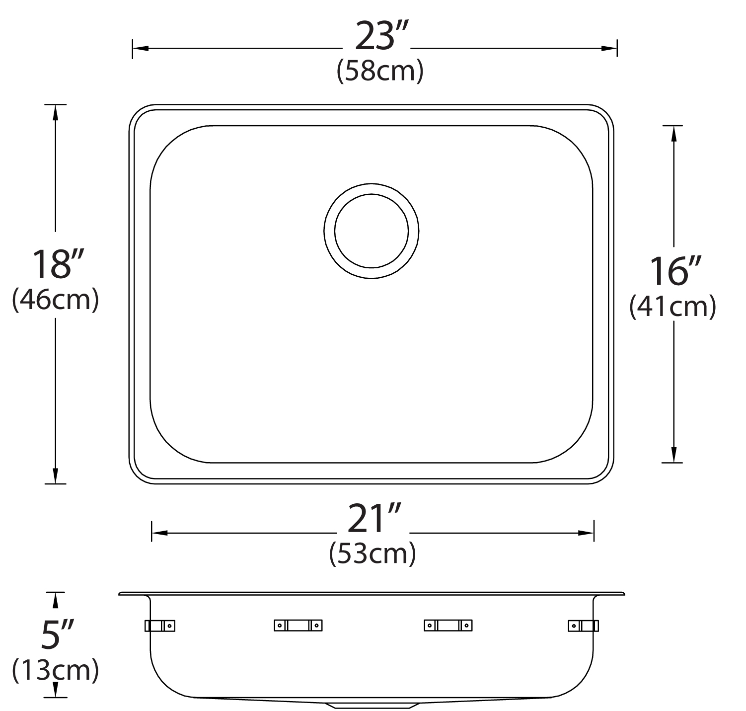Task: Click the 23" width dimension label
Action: coord(382,36)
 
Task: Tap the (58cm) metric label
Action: coord(380,71)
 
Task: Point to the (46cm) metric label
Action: coord(56,300)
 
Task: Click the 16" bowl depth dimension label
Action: coord(675,271)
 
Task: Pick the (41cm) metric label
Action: coord(673,307)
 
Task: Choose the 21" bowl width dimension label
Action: coord(374,518)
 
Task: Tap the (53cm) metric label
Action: coord(372,554)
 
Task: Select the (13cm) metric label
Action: coord(56,670)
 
